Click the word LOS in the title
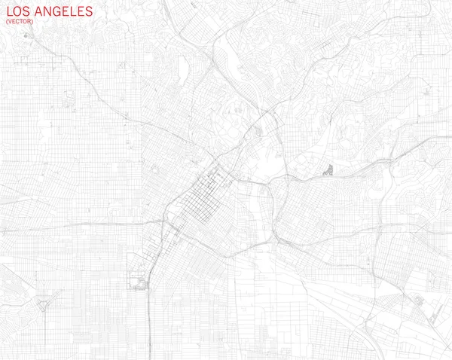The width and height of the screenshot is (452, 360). (18, 12)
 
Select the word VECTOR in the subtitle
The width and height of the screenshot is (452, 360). (20, 22)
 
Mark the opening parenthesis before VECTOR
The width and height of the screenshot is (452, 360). (7, 22)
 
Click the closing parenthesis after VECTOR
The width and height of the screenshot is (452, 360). (32, 22)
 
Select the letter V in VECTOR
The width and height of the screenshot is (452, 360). (10, 22)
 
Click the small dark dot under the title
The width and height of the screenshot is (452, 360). (27, 35)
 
